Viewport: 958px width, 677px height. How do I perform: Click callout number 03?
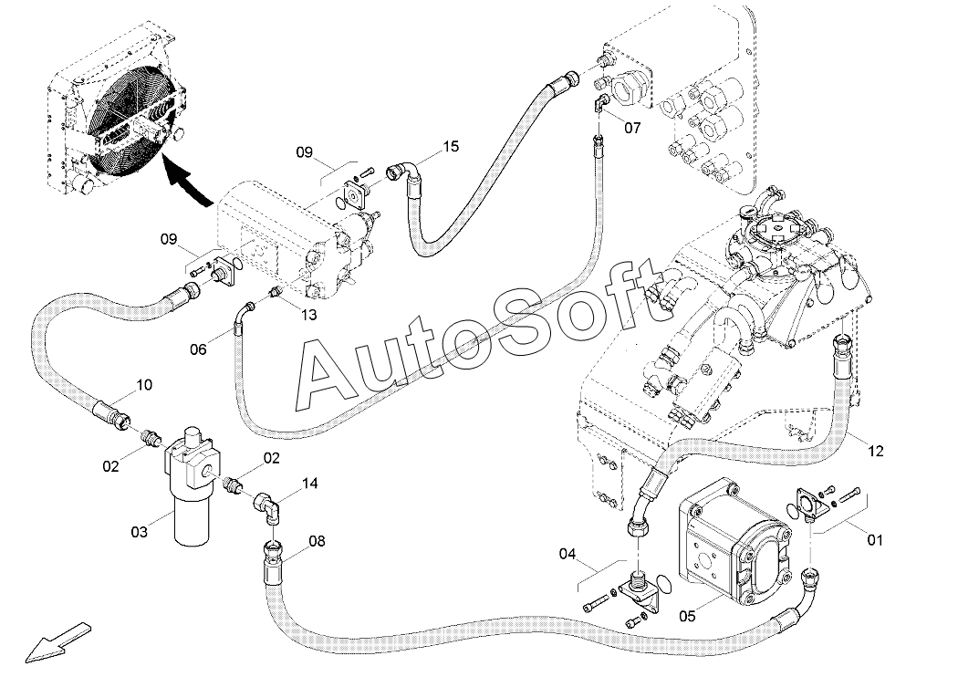coord(140,532)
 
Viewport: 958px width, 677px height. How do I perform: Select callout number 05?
coord(687,616)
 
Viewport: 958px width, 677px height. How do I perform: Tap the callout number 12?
coord(876,451)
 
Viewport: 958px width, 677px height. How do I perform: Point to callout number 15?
coord(451,147)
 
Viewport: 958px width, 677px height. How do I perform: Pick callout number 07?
coord(632,128)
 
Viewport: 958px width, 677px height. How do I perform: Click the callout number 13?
coord(309,315)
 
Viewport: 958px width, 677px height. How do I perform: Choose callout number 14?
coord(310,484)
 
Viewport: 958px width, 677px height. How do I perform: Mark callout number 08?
coord(317,541)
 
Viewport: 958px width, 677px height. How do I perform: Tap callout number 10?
coord(144,385)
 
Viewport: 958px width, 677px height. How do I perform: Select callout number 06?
coord(198,349)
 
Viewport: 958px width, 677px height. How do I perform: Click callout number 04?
coord(567,554)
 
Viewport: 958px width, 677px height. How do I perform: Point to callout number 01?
coord(876,540)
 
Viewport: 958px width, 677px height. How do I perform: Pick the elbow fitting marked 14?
coord(267,506)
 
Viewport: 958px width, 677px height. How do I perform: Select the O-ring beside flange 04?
coord(667,584)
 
